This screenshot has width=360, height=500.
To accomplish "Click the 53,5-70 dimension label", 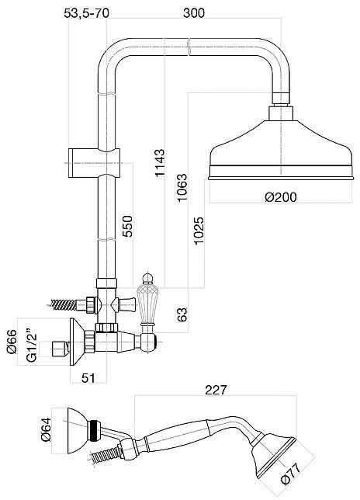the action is coord(86,13).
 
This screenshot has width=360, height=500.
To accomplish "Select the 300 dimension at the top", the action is coord(194,13).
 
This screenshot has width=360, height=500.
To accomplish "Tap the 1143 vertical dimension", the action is coord(160,162).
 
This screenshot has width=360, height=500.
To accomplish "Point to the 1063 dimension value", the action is coord(183,188).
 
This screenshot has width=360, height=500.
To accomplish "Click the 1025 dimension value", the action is coord(199,231).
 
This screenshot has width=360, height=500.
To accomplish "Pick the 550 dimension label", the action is coord(127,226).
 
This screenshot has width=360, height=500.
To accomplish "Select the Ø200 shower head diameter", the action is coord(280,196).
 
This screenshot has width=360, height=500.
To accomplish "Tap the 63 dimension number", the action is coord(182,314).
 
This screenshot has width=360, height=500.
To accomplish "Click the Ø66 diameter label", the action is coord(12,342).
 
